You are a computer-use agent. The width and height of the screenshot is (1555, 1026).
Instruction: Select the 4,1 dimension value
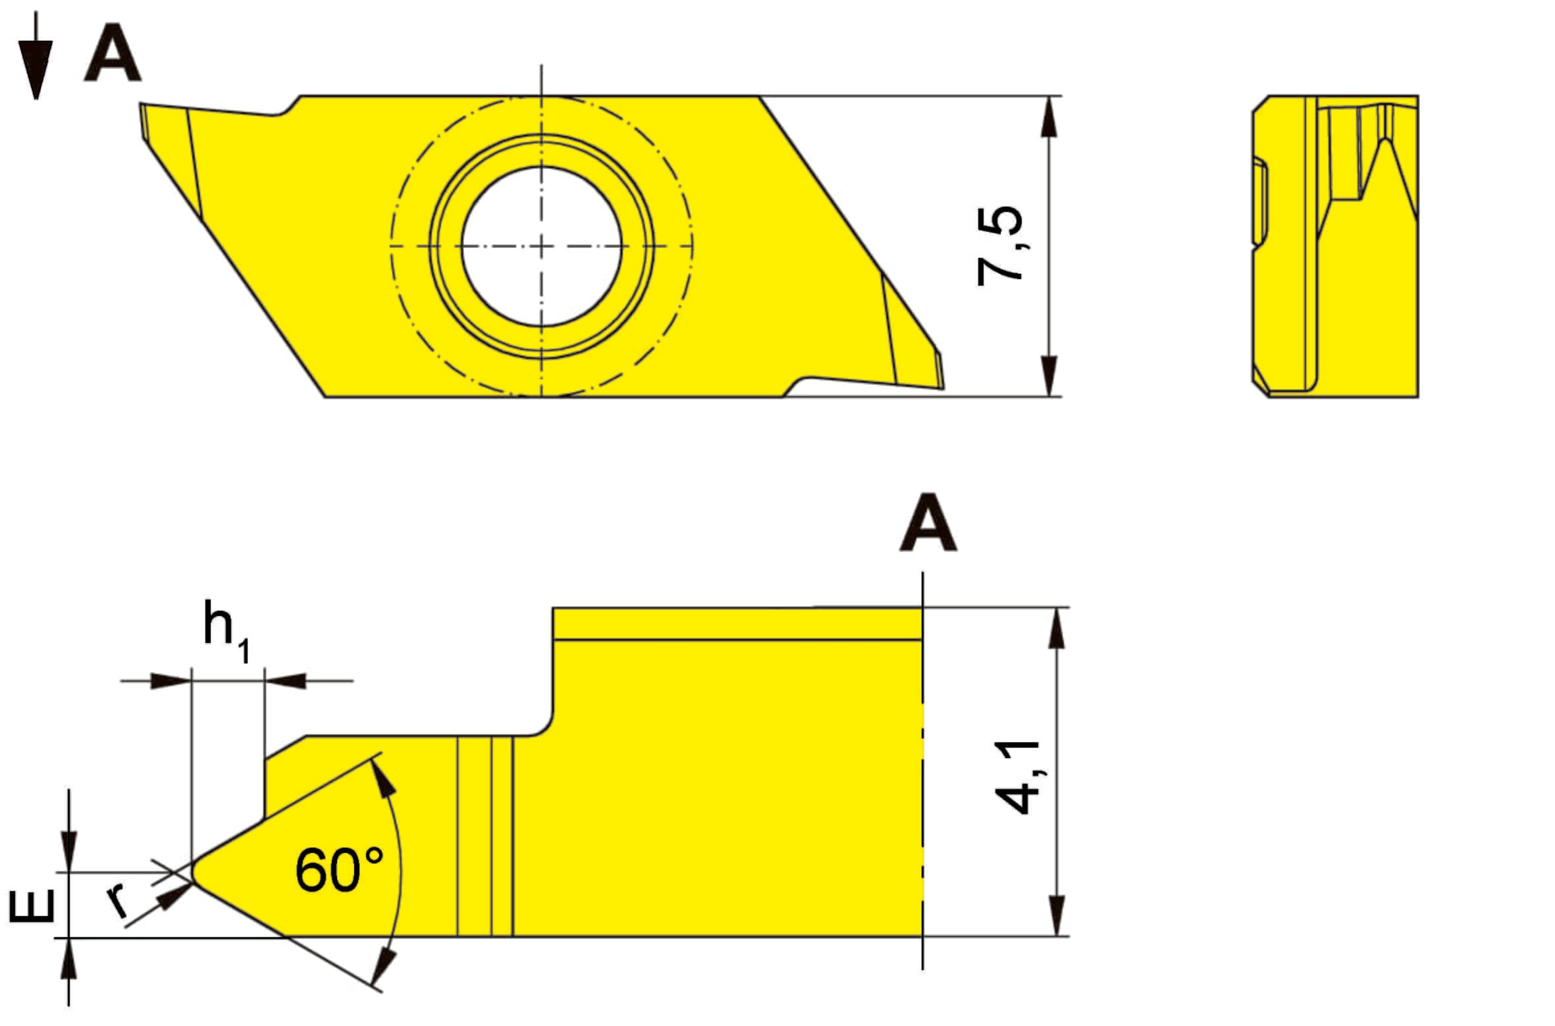coord(1018,777)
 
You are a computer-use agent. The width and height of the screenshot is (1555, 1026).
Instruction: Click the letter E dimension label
coord(31,906)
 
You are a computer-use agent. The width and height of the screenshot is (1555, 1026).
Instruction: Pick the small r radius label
coord(117,900)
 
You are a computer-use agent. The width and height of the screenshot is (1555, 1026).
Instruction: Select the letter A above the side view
coord(928,523)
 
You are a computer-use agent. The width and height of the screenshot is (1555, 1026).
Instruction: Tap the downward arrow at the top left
coord(36,55)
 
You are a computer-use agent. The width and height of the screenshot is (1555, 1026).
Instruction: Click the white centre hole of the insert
coord(541,246)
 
